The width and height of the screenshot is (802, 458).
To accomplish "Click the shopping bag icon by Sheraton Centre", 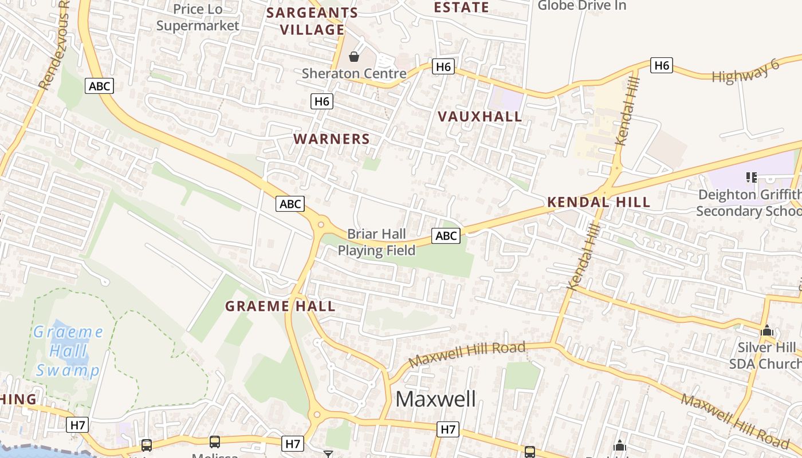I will tap(354, 57).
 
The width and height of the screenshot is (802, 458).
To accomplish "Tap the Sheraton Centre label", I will tap(354, 73).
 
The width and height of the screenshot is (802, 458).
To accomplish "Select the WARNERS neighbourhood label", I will tap(332, 139).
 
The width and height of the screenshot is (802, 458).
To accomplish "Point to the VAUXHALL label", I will tap(480, 117).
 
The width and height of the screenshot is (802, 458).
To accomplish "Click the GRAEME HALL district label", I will tap(280, 306).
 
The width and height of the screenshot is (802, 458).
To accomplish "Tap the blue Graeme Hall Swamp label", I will tap(68, 351).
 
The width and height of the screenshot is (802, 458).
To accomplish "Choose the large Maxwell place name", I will tap(435, 399).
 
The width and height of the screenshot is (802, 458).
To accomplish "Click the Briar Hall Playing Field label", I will tap(376, 242).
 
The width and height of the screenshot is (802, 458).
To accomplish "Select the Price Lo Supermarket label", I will tap(198, 17).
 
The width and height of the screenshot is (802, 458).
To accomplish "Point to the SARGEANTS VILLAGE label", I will tap(313, 21).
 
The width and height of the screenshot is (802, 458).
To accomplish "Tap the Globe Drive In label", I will tap(581, 6).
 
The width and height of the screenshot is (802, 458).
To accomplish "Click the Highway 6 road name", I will tap(745, 70).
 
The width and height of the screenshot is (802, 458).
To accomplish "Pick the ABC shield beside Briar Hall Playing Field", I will tap(446, 235).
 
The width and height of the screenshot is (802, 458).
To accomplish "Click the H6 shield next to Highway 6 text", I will tap(662, 65).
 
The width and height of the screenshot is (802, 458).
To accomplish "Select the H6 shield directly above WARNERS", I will tap(322, 101).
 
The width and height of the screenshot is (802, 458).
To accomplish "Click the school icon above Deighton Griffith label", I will tap(751, 177).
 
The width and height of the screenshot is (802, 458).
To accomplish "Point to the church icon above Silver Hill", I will tap(766, 331).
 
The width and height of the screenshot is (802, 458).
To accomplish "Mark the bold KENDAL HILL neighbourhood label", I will tap(599, 202).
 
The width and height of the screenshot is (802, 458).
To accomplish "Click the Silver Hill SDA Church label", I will tap(766, 356).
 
